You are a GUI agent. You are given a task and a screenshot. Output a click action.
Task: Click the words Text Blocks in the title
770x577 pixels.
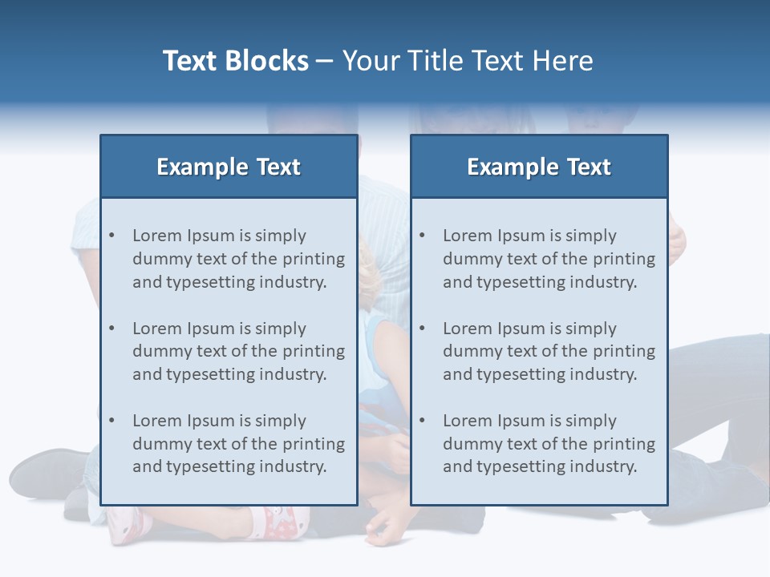(x=235, y=61)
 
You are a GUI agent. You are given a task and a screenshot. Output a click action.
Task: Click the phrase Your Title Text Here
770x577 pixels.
(x=468, y=61)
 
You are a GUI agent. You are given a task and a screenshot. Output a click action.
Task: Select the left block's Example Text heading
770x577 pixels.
(x=229, y=167)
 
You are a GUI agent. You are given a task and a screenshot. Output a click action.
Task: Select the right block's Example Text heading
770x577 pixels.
(x=539, y=167)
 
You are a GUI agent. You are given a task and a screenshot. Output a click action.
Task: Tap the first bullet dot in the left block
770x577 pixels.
(x=111, y=236)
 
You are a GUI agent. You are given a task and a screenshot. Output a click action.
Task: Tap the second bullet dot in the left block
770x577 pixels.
(x=111, y=329)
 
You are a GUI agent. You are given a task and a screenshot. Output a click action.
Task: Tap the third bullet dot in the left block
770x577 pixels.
(x=111, y=421)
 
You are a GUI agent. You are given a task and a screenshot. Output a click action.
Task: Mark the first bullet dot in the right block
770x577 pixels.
(x=422, y=236)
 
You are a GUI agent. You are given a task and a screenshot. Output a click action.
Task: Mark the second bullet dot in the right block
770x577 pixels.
(x=422, y=329)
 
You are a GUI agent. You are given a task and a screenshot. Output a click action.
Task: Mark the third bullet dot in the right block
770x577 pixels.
(x=422, y=421)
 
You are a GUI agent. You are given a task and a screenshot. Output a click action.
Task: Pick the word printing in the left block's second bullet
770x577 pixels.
(x=314, y=351)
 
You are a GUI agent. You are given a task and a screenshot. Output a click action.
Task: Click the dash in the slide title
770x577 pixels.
(x=325, y=61)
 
